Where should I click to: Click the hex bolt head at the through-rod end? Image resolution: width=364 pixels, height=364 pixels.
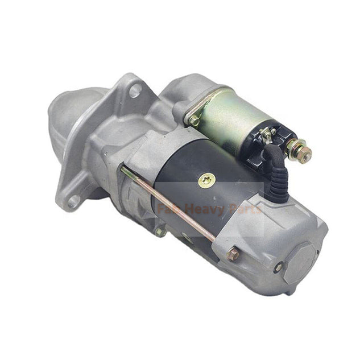[x=233, y=254]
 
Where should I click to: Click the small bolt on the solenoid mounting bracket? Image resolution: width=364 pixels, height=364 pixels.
[x=195, y=121]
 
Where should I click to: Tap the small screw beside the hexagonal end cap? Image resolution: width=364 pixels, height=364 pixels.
[x=278, y=267]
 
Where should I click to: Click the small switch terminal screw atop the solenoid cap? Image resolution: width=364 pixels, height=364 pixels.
[x=266, y=134]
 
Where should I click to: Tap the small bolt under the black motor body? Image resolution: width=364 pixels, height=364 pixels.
[x=161, y=231]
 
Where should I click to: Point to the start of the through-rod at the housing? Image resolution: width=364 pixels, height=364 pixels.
[x=124, y=169]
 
